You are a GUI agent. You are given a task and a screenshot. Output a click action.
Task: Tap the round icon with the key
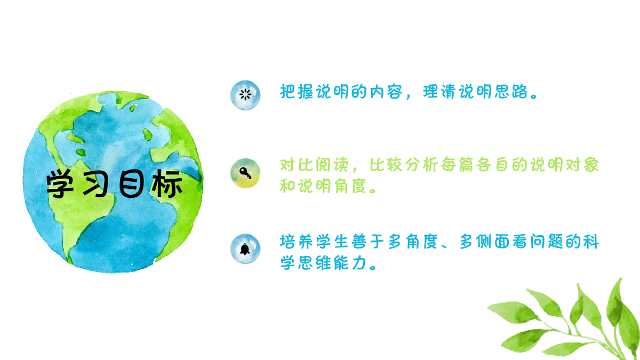coord(245,173)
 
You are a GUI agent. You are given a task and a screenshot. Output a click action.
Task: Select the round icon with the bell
coord(245,249)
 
